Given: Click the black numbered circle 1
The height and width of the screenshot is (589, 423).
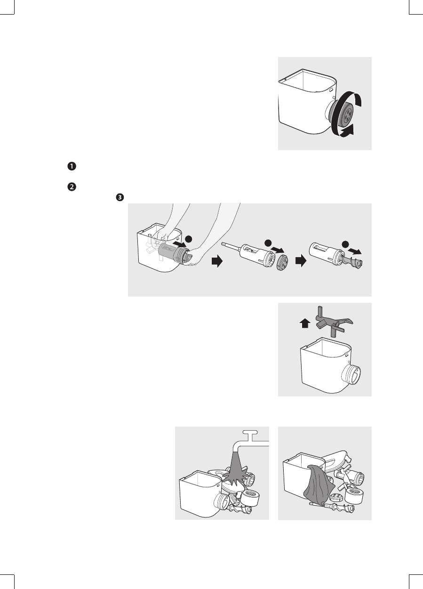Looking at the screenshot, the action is pyautogui.click(x=72, y=167).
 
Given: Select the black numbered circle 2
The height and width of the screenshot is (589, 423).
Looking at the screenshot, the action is pyautogui.click(x=72, y=187).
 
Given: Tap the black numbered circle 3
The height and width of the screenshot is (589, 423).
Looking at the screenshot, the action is pyautogui.click(x=120, y=197).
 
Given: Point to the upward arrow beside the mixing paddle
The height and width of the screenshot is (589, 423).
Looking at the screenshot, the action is pyautogui.click(x=305, y=323).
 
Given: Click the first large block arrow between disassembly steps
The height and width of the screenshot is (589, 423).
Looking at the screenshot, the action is pyautogui.click(x=217, y=262).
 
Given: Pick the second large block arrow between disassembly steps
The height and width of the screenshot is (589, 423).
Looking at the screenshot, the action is pyautogui.click(x=301, y=262).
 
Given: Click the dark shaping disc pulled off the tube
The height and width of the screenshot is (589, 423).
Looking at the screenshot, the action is pyautogui.click(x=282, y=262).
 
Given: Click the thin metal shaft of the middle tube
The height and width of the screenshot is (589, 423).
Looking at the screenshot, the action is pyautogui.click(x=231, y=246).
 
